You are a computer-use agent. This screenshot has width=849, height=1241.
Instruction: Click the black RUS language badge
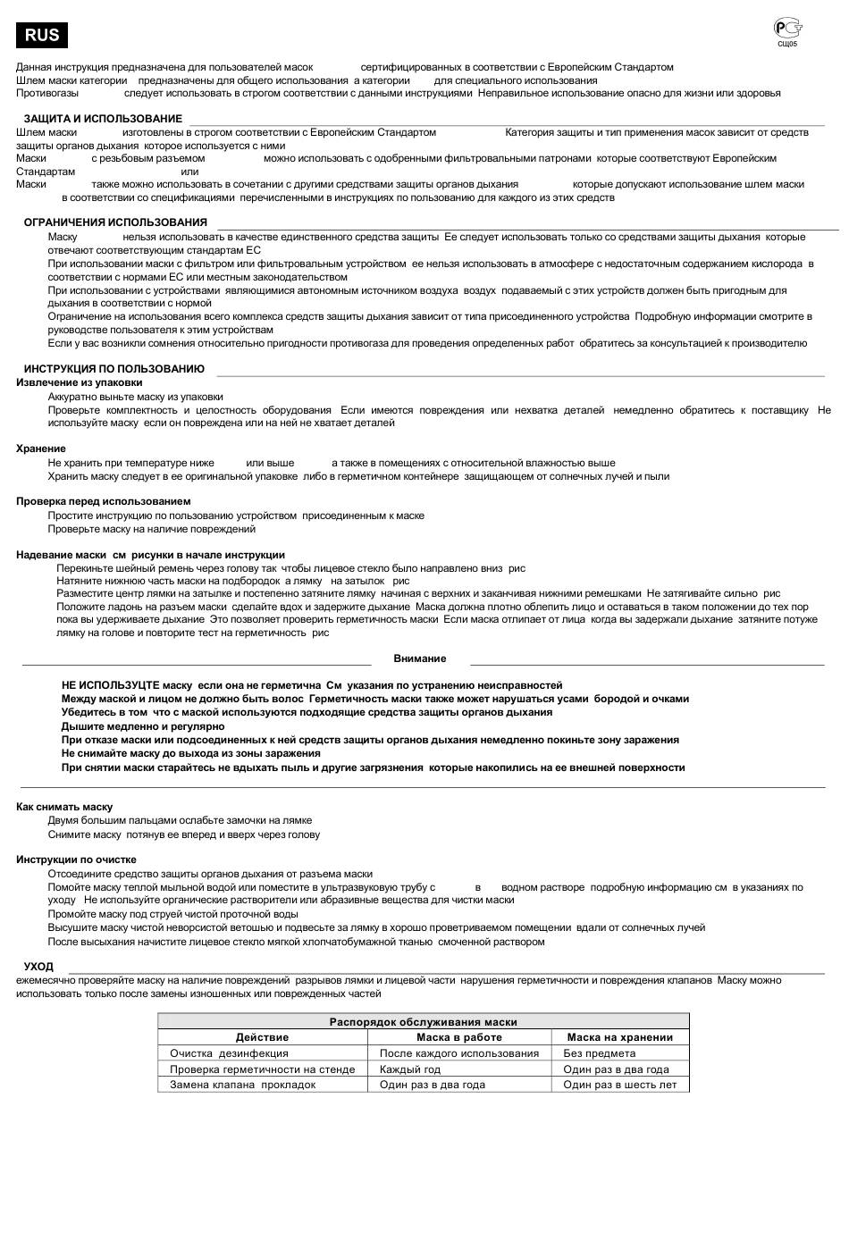[x=42, y=35]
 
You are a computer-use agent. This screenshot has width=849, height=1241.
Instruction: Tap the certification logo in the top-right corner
[x=786, y=29]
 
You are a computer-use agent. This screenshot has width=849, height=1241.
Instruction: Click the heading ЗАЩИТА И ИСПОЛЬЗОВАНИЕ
[x=103, y=119]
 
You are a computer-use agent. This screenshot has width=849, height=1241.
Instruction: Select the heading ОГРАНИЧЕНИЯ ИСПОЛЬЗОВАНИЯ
[x=115, y=222]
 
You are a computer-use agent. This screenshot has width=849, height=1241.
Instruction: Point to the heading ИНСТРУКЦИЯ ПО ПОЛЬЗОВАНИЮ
[x=114, y=369]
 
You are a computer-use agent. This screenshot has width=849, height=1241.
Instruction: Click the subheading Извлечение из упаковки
[x=80, y=382]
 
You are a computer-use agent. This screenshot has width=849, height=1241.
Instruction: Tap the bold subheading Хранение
[x=41, y=449]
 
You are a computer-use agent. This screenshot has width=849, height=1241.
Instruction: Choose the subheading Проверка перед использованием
[x=104, y=501]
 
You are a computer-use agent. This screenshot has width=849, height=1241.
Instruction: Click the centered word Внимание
[x=420, y=658]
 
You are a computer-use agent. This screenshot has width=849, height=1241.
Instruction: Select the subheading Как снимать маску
[x=64, y=807]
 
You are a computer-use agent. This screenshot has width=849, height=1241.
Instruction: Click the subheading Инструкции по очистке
[x=76, y=859]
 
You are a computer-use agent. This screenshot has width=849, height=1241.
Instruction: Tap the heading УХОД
[x=38, y=967]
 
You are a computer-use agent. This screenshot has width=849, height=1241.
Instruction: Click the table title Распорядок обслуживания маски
[x=424, y=1022]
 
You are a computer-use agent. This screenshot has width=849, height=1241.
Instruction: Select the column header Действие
[x=262, y=1037]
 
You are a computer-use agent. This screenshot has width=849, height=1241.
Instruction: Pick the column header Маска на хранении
[x=619, y=1037]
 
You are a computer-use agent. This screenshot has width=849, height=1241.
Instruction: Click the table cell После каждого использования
[x=459, y=1053]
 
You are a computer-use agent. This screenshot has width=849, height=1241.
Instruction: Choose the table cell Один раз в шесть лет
[x=620, y=1085]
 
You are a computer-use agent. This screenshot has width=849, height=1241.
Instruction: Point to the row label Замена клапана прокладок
[x=243, y=1085]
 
